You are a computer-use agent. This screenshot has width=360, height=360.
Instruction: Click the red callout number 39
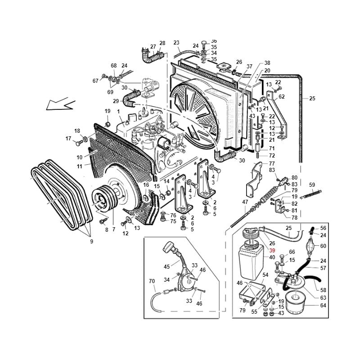tap(272, 251)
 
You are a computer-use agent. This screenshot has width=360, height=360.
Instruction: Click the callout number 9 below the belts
tap(92, 242)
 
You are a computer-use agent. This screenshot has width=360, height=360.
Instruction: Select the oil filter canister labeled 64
tap(295, 302)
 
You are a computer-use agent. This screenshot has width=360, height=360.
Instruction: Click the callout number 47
tap(245, 202)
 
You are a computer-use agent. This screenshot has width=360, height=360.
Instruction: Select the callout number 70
tap(152, 281)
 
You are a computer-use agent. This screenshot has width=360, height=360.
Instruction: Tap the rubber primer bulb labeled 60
tap(311, 246)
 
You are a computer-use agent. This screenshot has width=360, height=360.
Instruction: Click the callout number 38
tap(267, 63)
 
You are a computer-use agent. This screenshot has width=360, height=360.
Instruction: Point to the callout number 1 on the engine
tap(118, 112)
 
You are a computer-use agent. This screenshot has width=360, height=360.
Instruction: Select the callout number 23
tap(176, 43)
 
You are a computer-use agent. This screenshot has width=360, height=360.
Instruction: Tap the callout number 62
tap(282, 97)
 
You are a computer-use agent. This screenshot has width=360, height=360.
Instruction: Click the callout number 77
tap(272, 164)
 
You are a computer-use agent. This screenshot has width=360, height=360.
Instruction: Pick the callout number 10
tap(80, 157)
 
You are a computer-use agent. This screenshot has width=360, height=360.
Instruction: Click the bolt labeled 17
tap(78, 143)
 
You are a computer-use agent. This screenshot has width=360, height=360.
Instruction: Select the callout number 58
tap(323, 290)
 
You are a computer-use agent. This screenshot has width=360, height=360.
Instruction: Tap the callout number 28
tap(162, 43)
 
